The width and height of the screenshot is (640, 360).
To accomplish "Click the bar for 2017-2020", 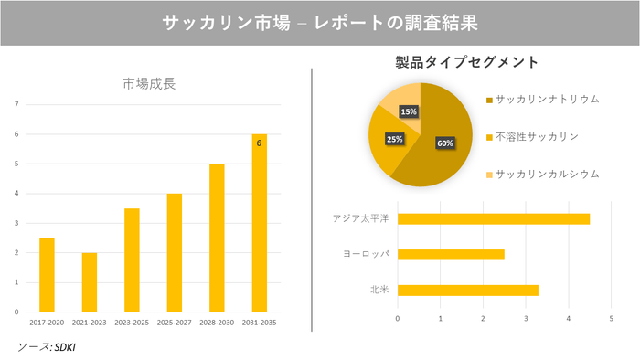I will [x=47, y=274].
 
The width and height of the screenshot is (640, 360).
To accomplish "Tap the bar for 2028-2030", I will [x=217, y=238].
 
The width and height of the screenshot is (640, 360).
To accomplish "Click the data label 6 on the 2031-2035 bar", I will [x=259, y=143].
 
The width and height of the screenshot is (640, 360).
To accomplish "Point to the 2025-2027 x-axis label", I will [x=174, y=323].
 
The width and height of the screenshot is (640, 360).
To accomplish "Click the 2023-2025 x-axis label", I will [x=132, y=323].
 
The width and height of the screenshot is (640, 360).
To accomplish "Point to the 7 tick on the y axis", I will [x=16, y=104].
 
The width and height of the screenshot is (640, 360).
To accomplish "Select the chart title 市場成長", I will [x=149, y=84].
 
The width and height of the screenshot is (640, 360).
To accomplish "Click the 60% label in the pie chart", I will [x=445, y=143].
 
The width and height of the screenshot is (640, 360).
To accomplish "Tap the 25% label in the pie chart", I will [x=394, y=140].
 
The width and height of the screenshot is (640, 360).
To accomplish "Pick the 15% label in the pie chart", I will [x=409, y=111].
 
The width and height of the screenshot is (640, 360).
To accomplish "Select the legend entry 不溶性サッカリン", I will [x=537, y=136].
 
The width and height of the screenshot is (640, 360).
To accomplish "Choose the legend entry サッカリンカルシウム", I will [x=547, y=174].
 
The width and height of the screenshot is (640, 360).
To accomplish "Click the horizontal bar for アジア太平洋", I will [x=493, y=218].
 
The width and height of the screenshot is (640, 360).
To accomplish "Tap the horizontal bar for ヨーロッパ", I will [x=451, y=254].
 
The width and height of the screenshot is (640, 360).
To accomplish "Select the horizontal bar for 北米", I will [x=467, y=291].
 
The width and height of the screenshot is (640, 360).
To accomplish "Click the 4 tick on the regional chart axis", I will [x=569, y=318].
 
